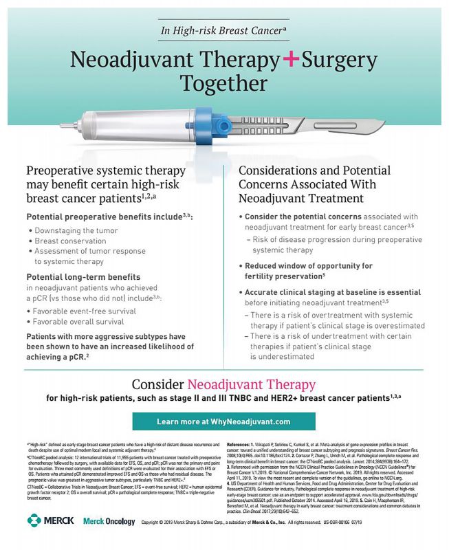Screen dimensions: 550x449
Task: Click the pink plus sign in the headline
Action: (290, 60)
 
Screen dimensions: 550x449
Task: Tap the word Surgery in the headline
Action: (340, 60)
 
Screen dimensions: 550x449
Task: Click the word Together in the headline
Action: (223, 84)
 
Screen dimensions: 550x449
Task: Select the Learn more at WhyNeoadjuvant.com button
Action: (223, 421)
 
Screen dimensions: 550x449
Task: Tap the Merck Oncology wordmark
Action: (109, 521)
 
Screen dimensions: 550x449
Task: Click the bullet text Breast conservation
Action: (71, 241)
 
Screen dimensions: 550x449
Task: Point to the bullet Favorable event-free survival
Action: (83, 311)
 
